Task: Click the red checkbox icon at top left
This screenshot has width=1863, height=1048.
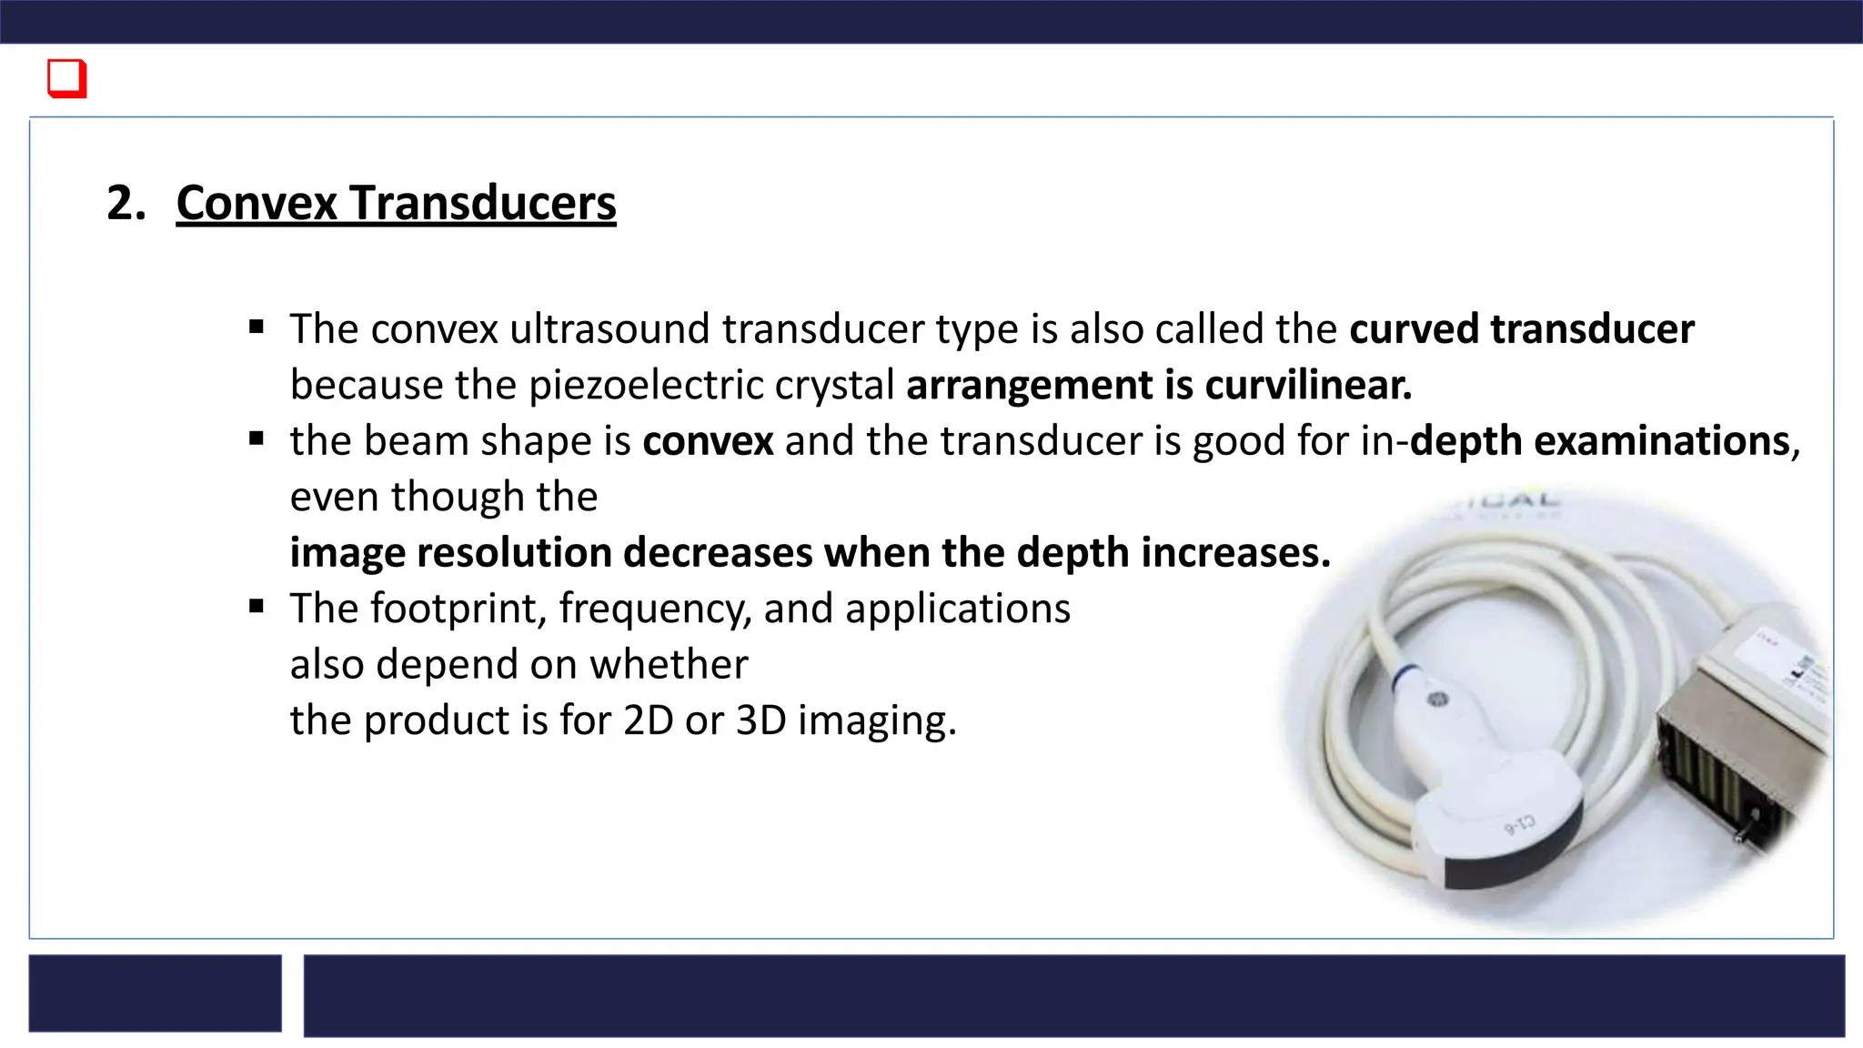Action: pyautogui.click(x=66, y=78)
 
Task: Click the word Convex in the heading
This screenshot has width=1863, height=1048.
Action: pyautogui.click(x=257, y=203)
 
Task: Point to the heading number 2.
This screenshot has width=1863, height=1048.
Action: pyautogui.click(x=126, y=203)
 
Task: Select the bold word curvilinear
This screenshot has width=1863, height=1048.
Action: pyautogui.click(x=1308, y=385)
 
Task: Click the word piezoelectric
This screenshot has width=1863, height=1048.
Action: pyautogui.click(x=646, y=385)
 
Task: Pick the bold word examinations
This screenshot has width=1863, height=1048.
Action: pyautogui.click(x=1662, y=441)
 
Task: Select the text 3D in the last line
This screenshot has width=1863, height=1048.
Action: pyautogui.click(x=760, y=720)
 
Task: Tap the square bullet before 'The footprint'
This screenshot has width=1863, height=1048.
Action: pyautogui.click(x=257, y=606)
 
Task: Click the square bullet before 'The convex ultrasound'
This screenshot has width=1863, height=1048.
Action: pyautogui.click(x=257, y=327)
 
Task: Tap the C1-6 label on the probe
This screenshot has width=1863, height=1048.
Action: pyautogui.click(x=1518, y=826)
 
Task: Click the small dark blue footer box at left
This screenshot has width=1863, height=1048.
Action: pyautogui.click(x=155, y=993)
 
